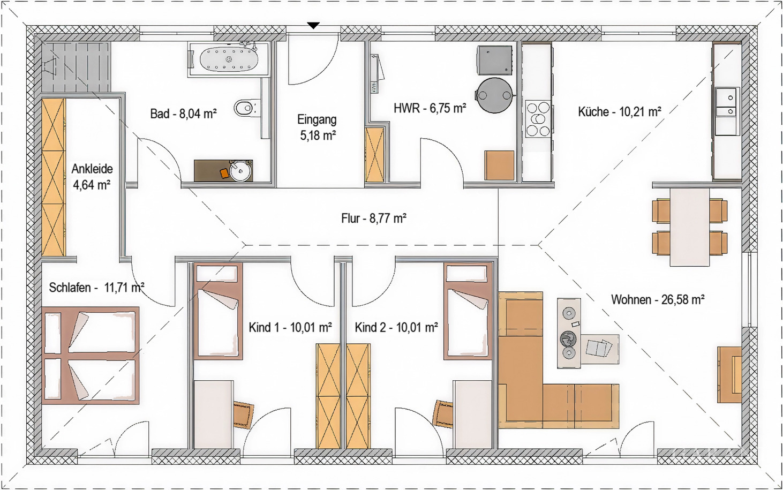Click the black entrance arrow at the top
(313, 25)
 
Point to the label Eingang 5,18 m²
(318, 127)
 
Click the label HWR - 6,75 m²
(430, 108)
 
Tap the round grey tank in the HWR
(494, 96)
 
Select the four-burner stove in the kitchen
(538, 118)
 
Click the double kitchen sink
(726, 104)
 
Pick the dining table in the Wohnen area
(690, 226)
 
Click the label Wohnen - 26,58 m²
(657, 299)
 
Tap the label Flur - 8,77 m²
(373, 218)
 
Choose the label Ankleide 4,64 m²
(92, 177)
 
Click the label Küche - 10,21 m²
(619, 112)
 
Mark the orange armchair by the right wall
(729, 374)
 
